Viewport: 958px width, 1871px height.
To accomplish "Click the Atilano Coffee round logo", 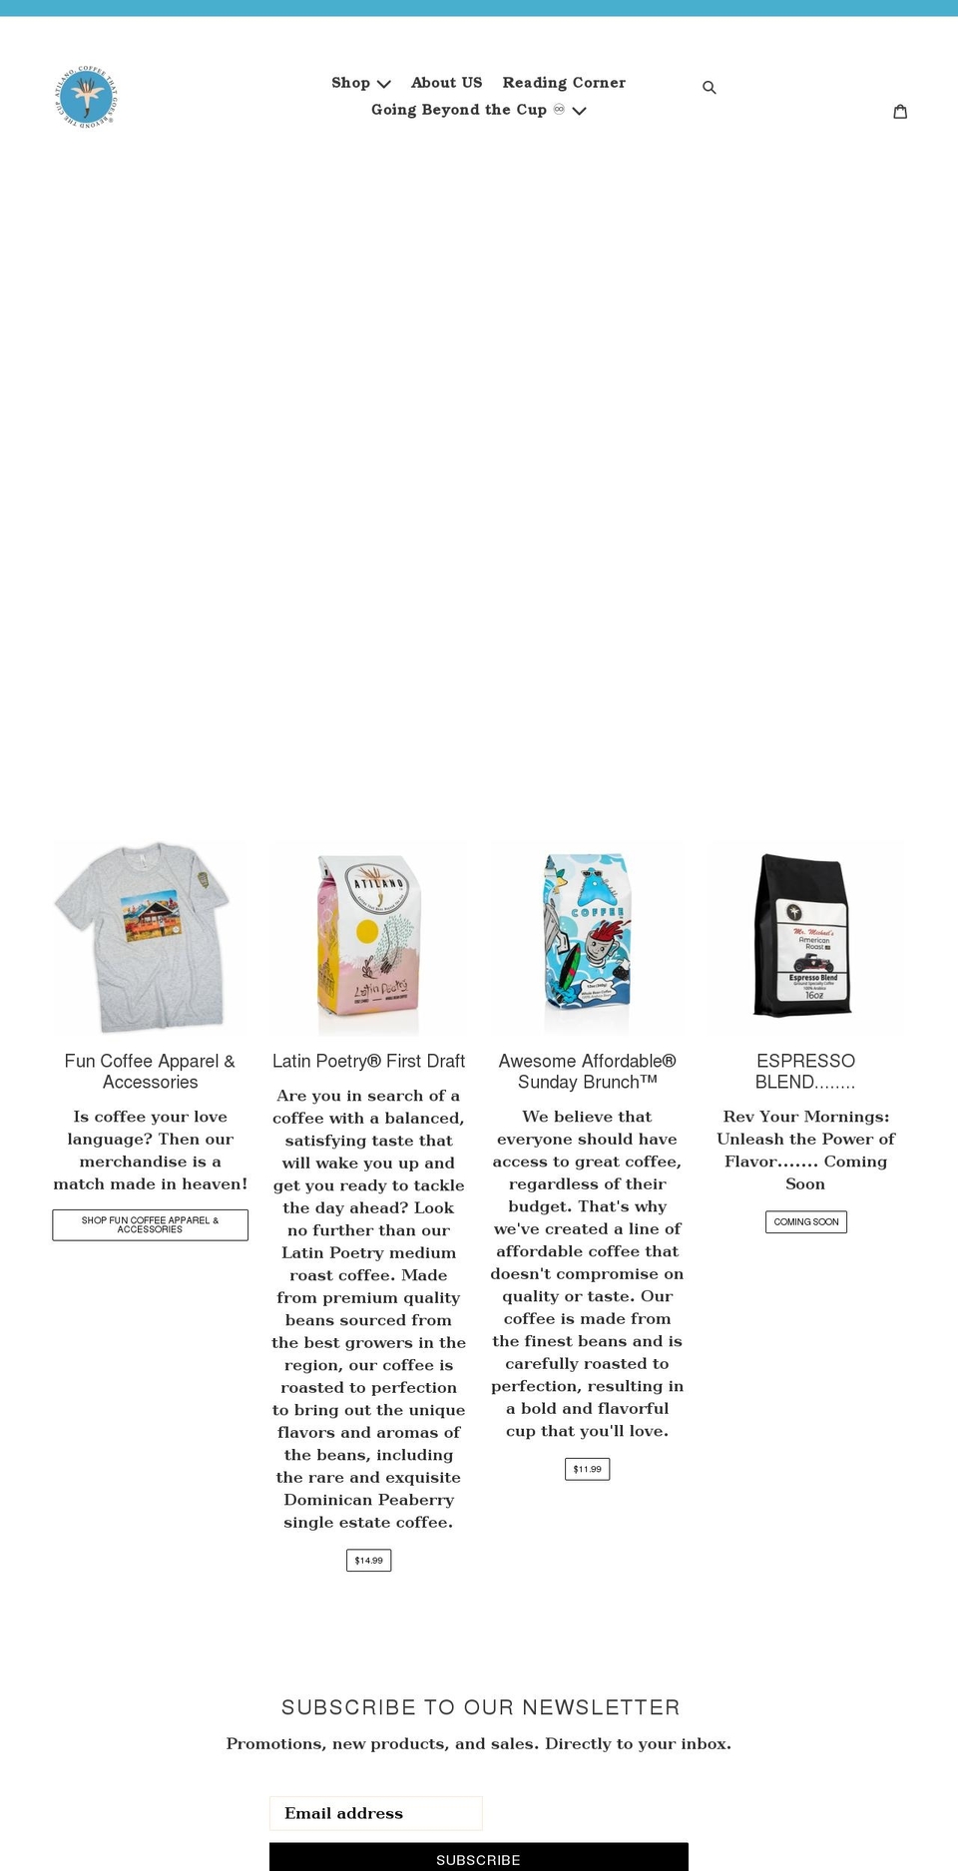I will [86, 97].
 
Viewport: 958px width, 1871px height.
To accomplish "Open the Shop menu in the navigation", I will [360, 83].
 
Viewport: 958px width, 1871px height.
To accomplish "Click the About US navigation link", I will [446, 83].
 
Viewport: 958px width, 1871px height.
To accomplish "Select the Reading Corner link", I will [564, 83].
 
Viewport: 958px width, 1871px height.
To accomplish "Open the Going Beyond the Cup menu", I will [478, 110].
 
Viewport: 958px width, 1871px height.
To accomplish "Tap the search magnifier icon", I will [710, 88].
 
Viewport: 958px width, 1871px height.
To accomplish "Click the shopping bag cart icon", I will [900, 112].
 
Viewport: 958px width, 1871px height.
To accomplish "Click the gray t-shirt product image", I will [150, 936].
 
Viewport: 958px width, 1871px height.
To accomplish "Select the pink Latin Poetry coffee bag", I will [368, 943].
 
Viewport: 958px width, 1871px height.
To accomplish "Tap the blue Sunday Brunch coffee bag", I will [587, 938].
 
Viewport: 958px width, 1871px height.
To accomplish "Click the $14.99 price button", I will [368, 1560].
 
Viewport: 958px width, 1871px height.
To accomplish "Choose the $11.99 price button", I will [587, 1469].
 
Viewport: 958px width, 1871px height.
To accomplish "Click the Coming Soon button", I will [805, 1221].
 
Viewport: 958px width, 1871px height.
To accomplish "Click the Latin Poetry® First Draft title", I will [368, 1061].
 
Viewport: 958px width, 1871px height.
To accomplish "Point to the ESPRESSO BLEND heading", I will [805, 1071].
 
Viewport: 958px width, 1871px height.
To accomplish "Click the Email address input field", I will [376, 1813].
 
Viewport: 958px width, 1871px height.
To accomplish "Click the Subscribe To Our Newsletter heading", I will [480, 1707].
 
